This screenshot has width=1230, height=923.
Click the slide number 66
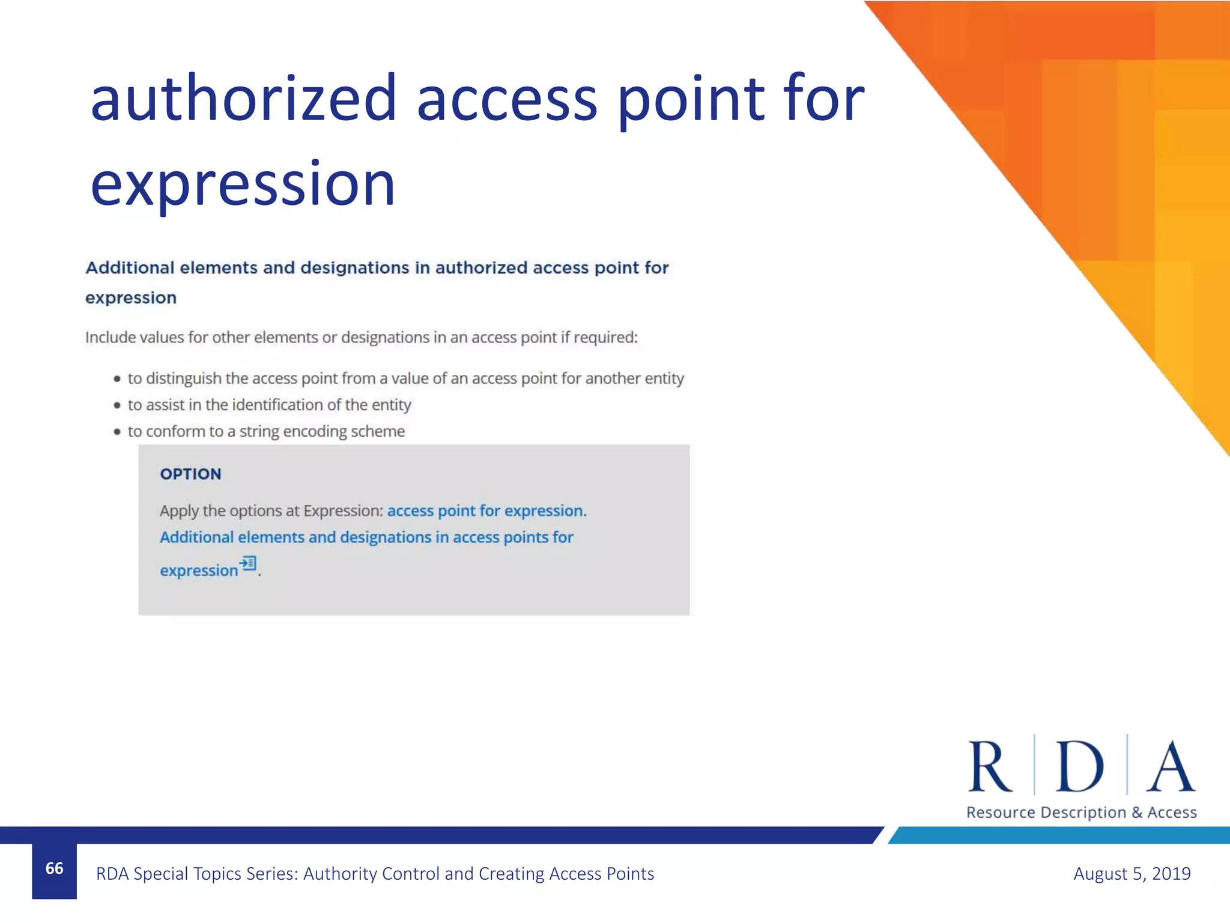(x=54, y=868)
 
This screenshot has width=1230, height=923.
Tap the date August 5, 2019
(x=1132, y=873)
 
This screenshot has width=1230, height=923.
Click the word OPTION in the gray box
(x=190, y=474)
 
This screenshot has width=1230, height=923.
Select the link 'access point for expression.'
(x=486, y=511)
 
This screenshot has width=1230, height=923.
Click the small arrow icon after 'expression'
(x=248, y=564)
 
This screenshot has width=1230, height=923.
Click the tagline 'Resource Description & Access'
(x=1081, y=812)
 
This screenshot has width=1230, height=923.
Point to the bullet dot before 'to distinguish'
(x=117, y=379)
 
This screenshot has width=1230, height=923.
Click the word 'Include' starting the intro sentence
(x=111, y=338)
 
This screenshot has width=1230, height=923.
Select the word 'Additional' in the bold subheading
(x=130, y=268)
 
